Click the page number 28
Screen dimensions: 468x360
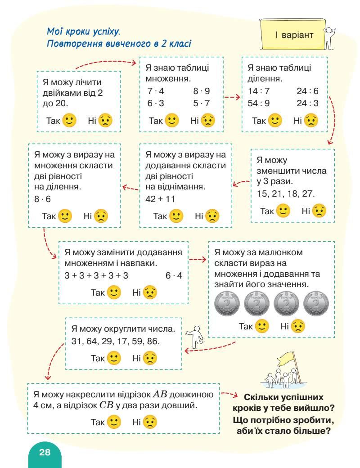point(45,452)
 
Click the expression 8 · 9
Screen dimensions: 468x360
point(202,91)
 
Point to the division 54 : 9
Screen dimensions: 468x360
point(259,103)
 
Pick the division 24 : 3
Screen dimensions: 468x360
point(307,103)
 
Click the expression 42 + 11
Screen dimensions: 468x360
point(160,199)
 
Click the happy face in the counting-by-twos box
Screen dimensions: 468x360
point(69,121)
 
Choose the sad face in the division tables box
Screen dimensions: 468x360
point(311,120)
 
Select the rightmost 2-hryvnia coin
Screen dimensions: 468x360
point(316,305)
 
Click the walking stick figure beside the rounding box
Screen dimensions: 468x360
point(197,337)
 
